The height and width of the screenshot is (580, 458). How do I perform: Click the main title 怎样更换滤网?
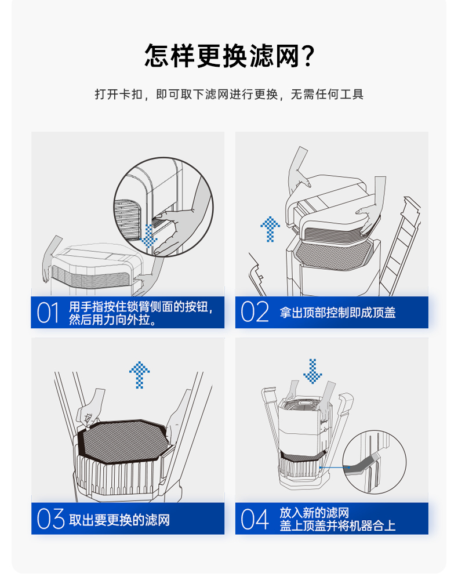(229, 56)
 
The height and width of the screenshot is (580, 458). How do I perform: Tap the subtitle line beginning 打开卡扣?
(229, 94)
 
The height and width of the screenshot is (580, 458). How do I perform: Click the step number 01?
(49, 313)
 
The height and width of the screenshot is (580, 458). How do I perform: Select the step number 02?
(255, 313)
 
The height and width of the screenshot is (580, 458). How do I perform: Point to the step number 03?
(50, 519)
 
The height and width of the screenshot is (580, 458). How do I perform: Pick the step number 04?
(255, 519)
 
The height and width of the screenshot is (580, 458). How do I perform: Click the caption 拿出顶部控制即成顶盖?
(337, 313)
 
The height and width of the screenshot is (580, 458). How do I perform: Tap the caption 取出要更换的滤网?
(119, 520)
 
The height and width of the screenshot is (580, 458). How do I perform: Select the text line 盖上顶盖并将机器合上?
(337, 526)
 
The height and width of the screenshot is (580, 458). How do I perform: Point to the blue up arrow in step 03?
(139, 375)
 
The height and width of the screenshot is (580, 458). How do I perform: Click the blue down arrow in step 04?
(313, 371)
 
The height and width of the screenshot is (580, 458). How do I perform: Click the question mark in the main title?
(308, 56)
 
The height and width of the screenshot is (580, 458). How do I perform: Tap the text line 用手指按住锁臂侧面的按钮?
(141, 307)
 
